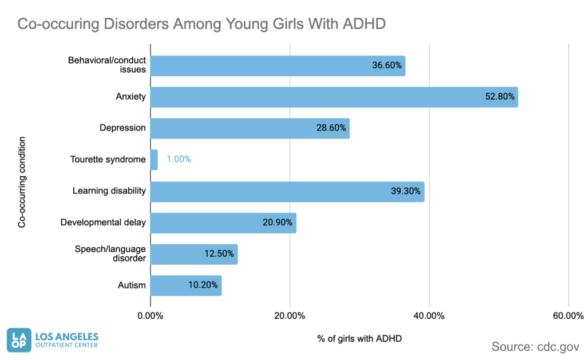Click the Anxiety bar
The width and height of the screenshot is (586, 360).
pyautogui.click(x=334, y=97)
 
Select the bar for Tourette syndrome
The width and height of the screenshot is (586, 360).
pyautogui.click(x=154, y=160)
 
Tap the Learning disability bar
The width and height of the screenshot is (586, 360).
pyautogui.click(x=287, y=191)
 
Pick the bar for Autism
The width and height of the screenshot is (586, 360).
pyautogui.click(x=185, y=285)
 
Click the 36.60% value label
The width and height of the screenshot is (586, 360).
pyautogui.click(x=387, y=66)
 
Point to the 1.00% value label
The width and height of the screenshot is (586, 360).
pyautogui.click(x=179, y=160)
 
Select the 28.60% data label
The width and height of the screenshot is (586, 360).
pyautogui.click(x=331, y=128)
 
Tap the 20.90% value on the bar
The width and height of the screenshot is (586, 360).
pyautogui.click(x=278, y=223)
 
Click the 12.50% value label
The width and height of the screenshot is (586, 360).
pyautogui.click(x=219, y=254)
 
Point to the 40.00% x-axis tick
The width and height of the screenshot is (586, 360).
pyautogui.click(x=429, y=316)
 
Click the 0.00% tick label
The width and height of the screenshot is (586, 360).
pyautogui.click(x=151, y=316)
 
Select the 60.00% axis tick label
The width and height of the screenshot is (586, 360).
pyautogui.click(x=568, y=316)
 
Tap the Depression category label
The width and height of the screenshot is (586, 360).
pyautogui.click(x=122, y=128)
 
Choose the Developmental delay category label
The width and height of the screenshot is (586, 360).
pyautogui.click(x=103, y=223)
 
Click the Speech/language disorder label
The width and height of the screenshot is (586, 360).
pyautogui.click(x=110, y=254)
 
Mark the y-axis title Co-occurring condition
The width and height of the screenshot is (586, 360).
pyautogui.click(x=22, y=182)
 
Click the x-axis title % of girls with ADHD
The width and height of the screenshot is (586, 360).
pyautogui.click(x=359, y=338)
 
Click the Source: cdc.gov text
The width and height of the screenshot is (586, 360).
pyautogui.click(x=535, y=346)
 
